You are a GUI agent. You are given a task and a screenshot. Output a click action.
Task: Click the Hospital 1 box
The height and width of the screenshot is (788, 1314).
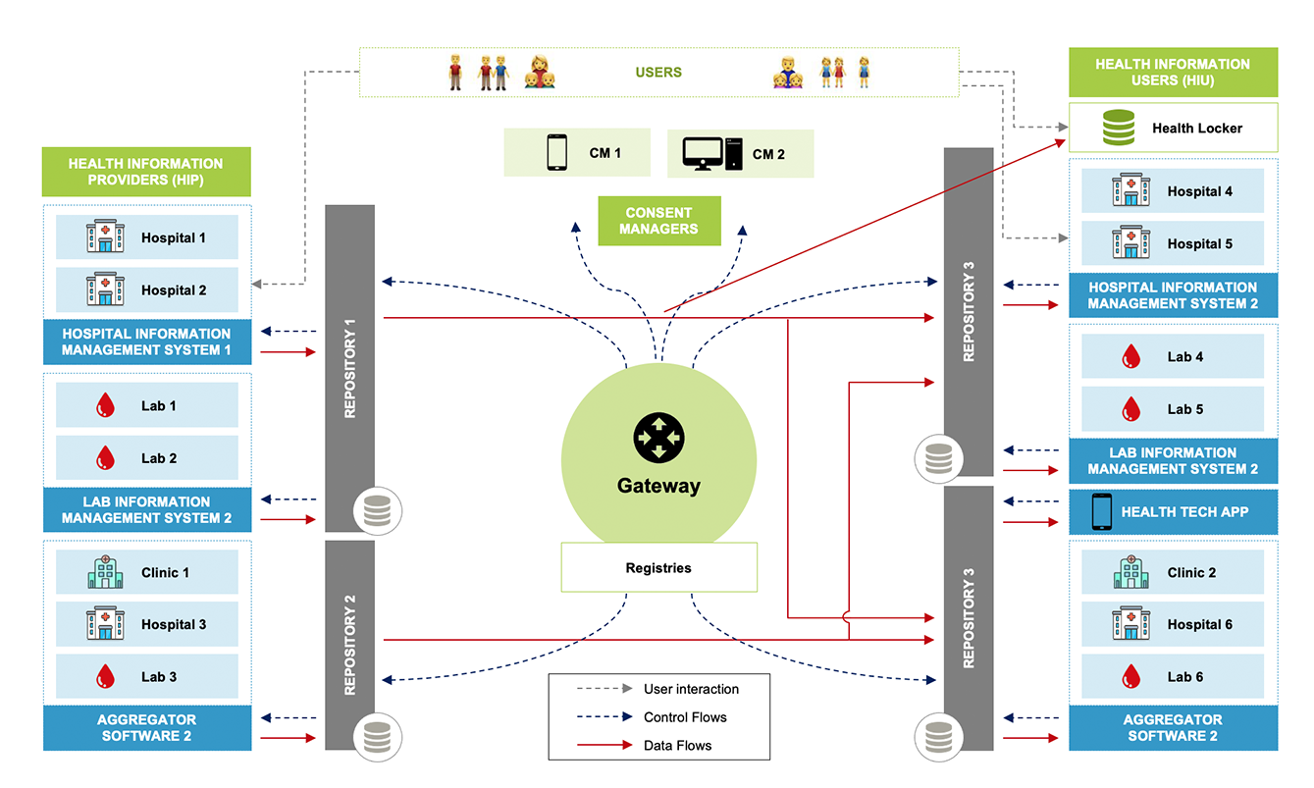147,237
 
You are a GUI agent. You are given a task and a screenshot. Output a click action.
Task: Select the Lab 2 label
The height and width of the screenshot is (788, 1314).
159,458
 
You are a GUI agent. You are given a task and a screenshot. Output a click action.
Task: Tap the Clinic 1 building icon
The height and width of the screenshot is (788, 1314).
105,572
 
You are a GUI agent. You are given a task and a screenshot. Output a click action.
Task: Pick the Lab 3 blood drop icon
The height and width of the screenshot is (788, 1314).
104,677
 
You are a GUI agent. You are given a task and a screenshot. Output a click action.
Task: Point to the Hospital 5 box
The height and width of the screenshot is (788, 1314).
1173,243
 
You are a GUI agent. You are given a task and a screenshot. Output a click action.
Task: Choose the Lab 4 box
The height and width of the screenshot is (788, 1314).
1173,357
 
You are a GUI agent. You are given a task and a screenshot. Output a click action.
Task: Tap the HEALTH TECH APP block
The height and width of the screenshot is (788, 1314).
1173,511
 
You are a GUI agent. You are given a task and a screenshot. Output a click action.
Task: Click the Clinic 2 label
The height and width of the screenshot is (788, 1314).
1191,572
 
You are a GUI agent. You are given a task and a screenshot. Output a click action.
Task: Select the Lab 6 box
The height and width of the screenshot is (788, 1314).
1173,677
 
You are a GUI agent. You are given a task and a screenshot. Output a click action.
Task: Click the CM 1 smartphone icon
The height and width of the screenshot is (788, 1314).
556,153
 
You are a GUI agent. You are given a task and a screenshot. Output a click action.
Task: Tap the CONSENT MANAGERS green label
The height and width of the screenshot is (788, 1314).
659,221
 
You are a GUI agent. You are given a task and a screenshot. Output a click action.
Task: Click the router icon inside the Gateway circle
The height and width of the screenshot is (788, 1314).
657,437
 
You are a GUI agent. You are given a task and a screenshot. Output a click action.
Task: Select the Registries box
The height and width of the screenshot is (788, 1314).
658,567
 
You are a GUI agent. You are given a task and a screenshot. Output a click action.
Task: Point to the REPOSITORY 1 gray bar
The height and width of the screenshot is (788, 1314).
350,363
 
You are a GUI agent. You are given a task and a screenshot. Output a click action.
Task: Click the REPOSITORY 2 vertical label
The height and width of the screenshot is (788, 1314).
350,644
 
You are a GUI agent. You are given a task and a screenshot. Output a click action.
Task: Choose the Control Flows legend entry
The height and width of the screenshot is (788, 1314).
685,717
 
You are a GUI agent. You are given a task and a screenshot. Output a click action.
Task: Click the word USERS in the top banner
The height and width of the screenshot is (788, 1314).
658,72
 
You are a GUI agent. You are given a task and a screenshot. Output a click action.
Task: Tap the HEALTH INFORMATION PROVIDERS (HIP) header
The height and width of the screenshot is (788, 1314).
146,172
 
